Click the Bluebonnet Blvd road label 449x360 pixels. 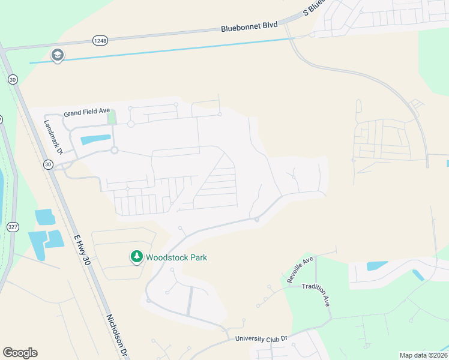(x=249, y=26)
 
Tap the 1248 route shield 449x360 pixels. (x=100, y=40)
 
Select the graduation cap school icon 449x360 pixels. (x=58, y=55)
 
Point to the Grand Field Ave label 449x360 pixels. (x=87, y=112)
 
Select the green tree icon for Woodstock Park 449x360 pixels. (x=137, y=257)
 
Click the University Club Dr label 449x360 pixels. (x=262, y=338)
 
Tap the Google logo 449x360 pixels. (x=20, y=353)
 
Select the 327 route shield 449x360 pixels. (x=13, y=227)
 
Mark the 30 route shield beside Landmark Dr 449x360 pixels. (x=47, y=163)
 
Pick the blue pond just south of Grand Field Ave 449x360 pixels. (x=95, y=140)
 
